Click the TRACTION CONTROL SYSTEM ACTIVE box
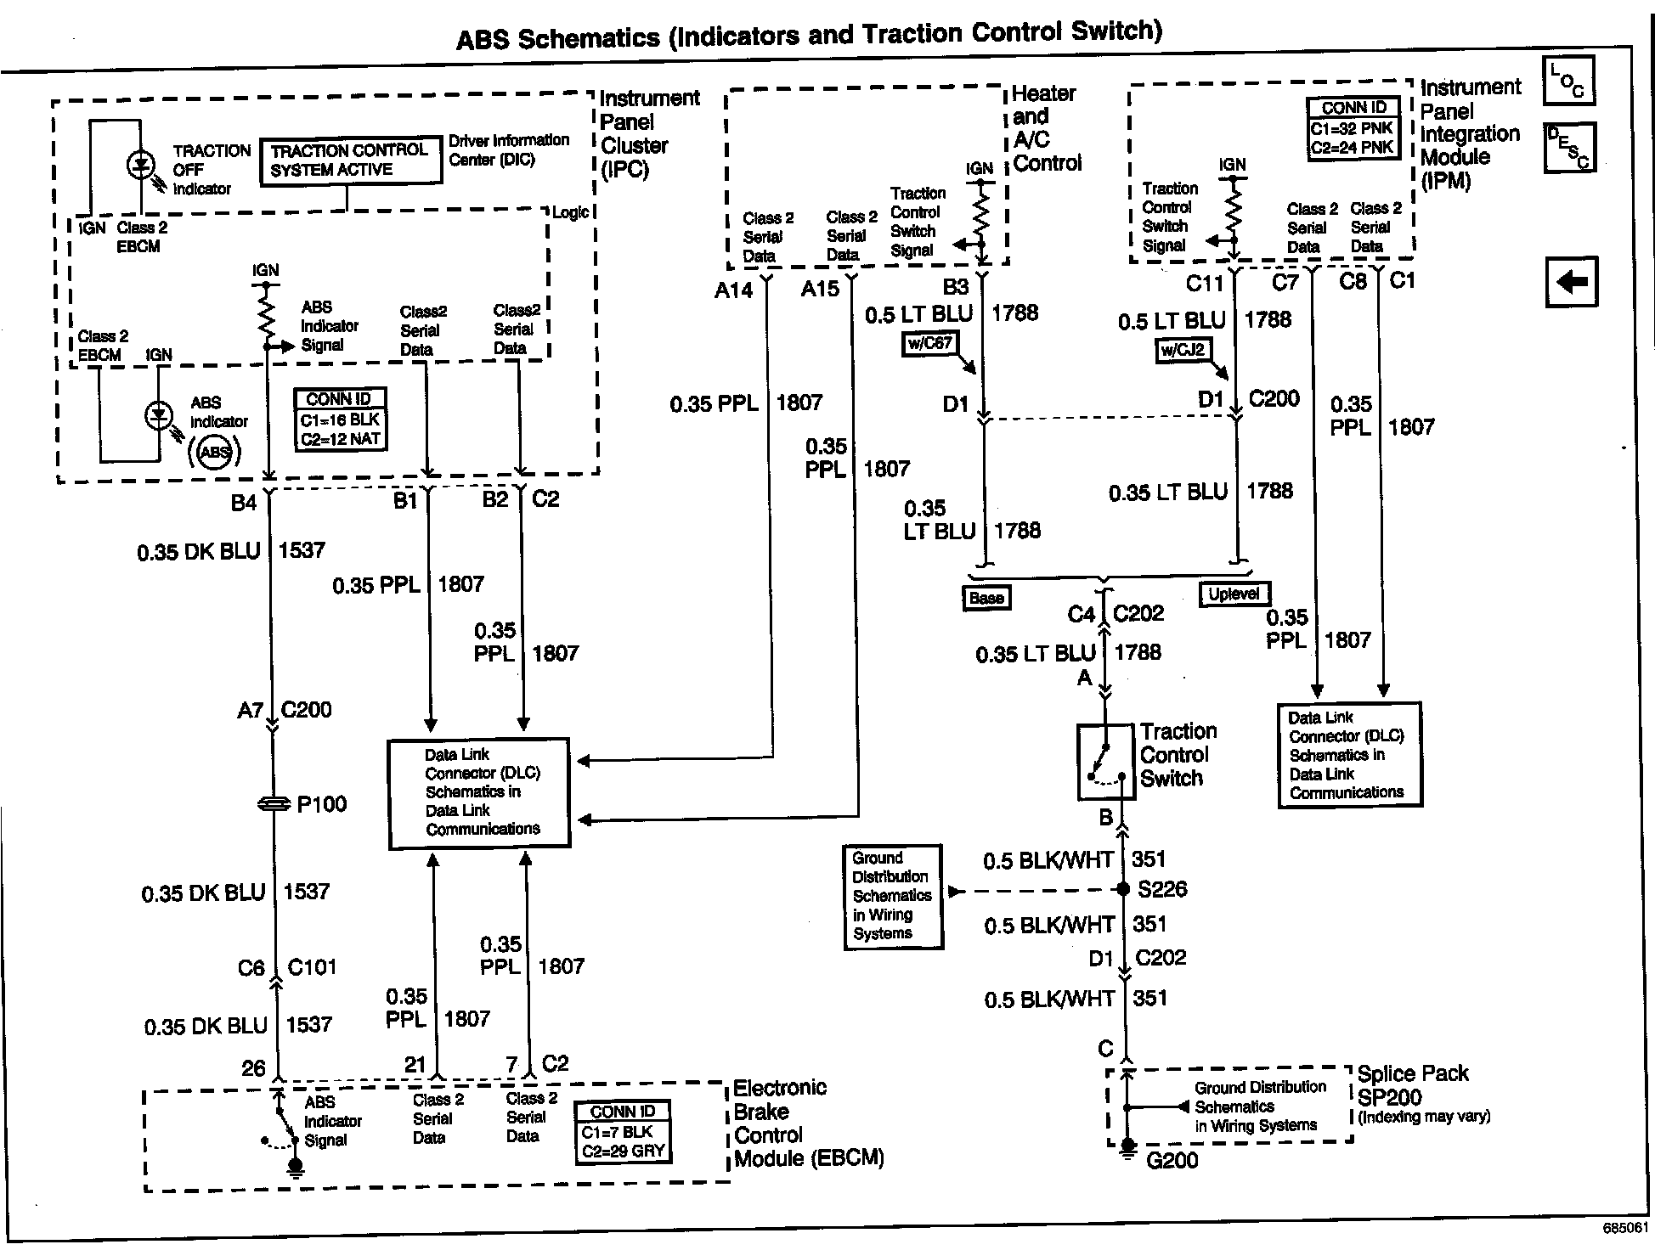click(350, 160)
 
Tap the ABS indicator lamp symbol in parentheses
click(214, 452)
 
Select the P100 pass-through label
click(321, 804)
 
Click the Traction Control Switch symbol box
click(1105, 762)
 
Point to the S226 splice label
click(1162, 889)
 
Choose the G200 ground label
click(1172, 1160)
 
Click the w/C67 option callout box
click(929, 345)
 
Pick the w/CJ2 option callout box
click(1183, 349)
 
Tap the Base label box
click(986, 598)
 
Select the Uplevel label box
click(1234, 594)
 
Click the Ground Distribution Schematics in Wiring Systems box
click(892, 896)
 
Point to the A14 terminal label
click(733, 290)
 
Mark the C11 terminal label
click(1204, 283)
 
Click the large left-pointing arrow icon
click(1571, 281)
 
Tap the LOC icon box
click(1568, 81)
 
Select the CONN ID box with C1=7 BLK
click(623, 1132)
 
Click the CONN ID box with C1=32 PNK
click(1353, 128)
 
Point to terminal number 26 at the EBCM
click(253, 1068)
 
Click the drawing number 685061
click(1625, 1228)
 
